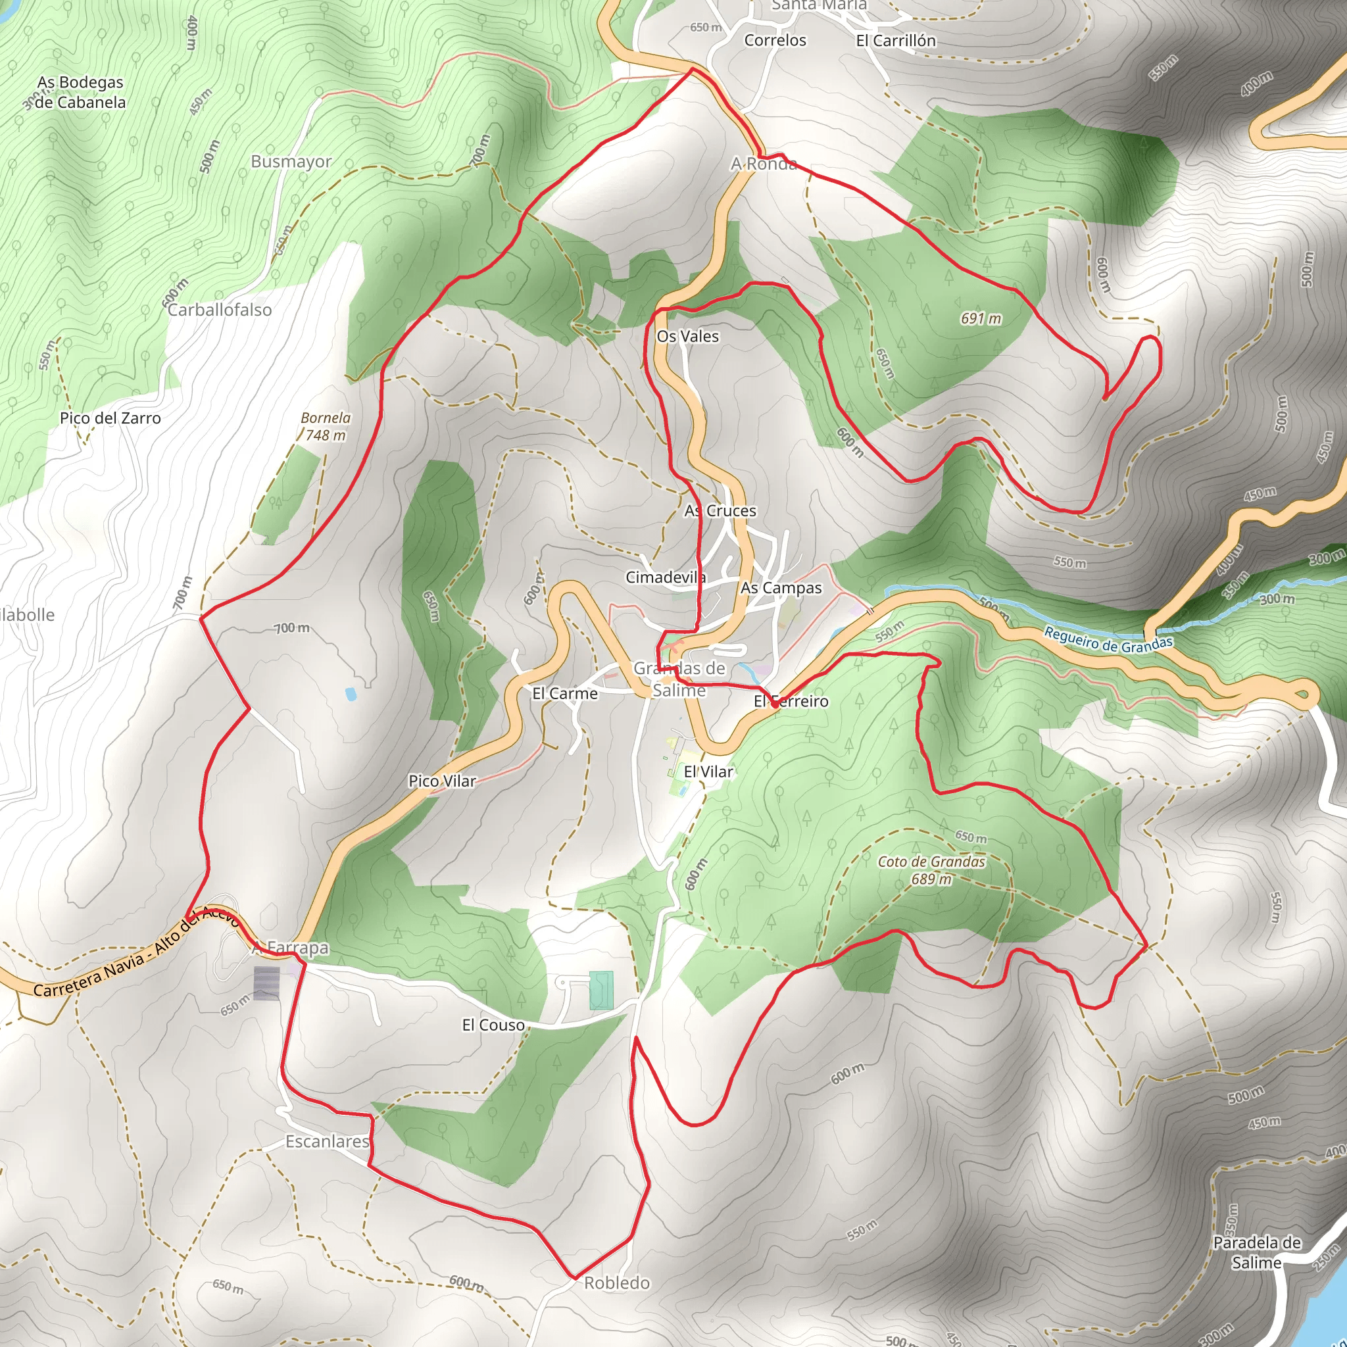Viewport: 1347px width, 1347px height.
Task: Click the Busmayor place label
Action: coord(291,161)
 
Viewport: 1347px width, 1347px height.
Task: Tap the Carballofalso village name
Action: coord(220,310)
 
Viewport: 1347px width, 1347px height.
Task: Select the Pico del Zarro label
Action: coord(110,418)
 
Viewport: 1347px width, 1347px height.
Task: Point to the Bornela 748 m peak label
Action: coord(326,426)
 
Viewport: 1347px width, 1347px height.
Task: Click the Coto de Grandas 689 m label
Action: coord(931,870)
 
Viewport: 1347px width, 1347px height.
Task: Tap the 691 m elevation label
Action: coord(980,318)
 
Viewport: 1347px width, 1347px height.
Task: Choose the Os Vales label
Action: coord(687,336)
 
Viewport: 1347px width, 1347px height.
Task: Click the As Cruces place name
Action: coord(720,510)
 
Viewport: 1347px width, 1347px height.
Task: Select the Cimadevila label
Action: coord(665,577)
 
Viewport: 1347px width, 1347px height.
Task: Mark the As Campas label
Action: coord(781,588)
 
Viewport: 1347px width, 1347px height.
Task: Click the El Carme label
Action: coord(565,693)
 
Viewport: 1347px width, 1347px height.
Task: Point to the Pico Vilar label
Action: coord(442,781)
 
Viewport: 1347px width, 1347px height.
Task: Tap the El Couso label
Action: coord(493,1025)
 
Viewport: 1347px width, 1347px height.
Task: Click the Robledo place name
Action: coord(616,1283)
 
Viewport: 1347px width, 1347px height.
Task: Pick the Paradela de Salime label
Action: coord(1256,1252)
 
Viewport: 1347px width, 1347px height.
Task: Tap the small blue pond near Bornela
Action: coord(350,694)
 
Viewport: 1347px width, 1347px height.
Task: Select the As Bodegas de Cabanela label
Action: coord(80,92)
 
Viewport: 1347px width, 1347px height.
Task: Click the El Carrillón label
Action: coord(895,40)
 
